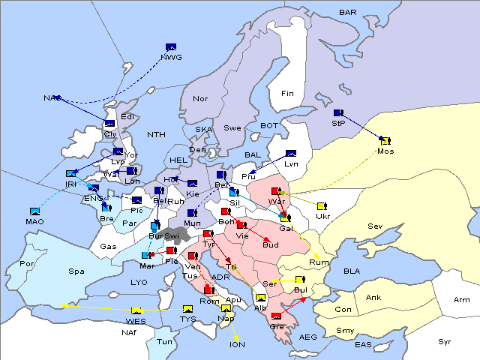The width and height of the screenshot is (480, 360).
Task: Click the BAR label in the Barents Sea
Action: coord(348,12)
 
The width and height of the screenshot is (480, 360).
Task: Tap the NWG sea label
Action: coord(172,56)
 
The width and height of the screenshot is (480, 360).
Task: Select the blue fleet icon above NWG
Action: coord(171,47)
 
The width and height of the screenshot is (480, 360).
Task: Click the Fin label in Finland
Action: coord(287,93)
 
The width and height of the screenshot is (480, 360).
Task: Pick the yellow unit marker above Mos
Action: coord(385,140)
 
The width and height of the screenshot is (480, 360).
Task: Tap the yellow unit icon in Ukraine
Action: coord(322,206)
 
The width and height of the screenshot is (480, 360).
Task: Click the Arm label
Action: coord(462,300)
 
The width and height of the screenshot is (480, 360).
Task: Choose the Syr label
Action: coord(445,341)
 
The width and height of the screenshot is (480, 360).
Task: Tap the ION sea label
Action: coord(236,345)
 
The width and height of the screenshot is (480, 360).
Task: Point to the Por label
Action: coord(28,263)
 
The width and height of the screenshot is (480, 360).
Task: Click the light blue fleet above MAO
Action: coord(35,212)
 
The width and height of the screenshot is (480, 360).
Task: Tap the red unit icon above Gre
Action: coord(277,316)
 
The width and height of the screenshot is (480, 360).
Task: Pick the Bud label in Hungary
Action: coord(270,244)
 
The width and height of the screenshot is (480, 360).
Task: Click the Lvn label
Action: coord(291,163)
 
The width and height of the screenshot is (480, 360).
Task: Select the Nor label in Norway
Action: coord(200,99)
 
